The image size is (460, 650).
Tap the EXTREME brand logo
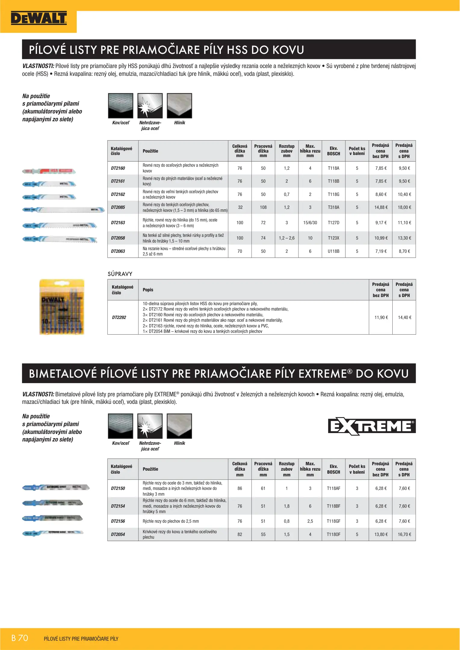tap(372, 426)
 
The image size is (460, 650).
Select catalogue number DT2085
tap(118, 207)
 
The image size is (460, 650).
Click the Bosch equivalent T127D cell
tap(333, 223)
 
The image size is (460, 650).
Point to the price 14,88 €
tap(381, 207)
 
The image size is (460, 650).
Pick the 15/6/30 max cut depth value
tap(310, 223)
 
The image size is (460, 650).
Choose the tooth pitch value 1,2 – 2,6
tap(286, 238)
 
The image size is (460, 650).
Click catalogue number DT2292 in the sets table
tap(119, 317)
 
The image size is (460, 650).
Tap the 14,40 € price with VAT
tap(404, 317)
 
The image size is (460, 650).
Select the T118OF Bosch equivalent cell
tap(333, 534)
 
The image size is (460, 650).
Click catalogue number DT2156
tap(118, 521)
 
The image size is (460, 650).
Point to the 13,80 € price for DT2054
tap(381, 534)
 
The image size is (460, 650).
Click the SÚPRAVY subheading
tap(120, 274)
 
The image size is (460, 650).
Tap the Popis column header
tap(148, 290)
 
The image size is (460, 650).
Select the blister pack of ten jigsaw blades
tap(62, 307)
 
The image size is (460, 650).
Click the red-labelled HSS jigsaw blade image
tap(49, 171)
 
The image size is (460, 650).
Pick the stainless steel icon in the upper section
tap(150, 106)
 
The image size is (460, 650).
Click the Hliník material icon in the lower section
tap(179, 426)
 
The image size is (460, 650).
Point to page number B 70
tap(20, 638)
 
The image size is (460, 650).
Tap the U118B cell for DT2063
tap(333, 251)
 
